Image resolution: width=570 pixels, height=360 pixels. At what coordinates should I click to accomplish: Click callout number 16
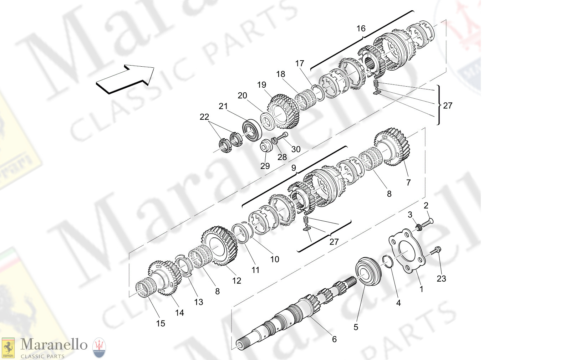361,29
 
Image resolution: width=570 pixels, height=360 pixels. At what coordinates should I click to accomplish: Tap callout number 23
441,279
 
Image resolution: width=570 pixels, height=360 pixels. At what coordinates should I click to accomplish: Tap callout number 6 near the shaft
334,339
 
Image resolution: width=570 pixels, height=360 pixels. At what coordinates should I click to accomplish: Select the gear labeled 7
392,147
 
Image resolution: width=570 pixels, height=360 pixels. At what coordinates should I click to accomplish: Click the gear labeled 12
219,246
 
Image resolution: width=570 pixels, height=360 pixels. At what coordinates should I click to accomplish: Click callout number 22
204,117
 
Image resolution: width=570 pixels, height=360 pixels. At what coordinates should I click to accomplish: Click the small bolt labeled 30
283,136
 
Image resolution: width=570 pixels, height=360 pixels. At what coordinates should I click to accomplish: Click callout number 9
294,168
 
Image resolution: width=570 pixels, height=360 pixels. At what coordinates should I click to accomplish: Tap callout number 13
198,302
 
